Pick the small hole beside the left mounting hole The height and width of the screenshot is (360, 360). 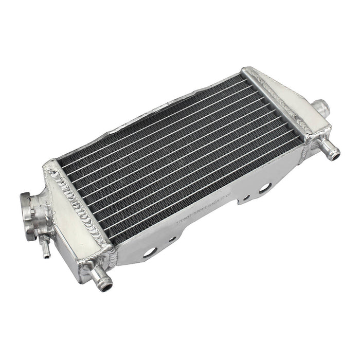173,239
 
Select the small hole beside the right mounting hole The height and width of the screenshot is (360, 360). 247,197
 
